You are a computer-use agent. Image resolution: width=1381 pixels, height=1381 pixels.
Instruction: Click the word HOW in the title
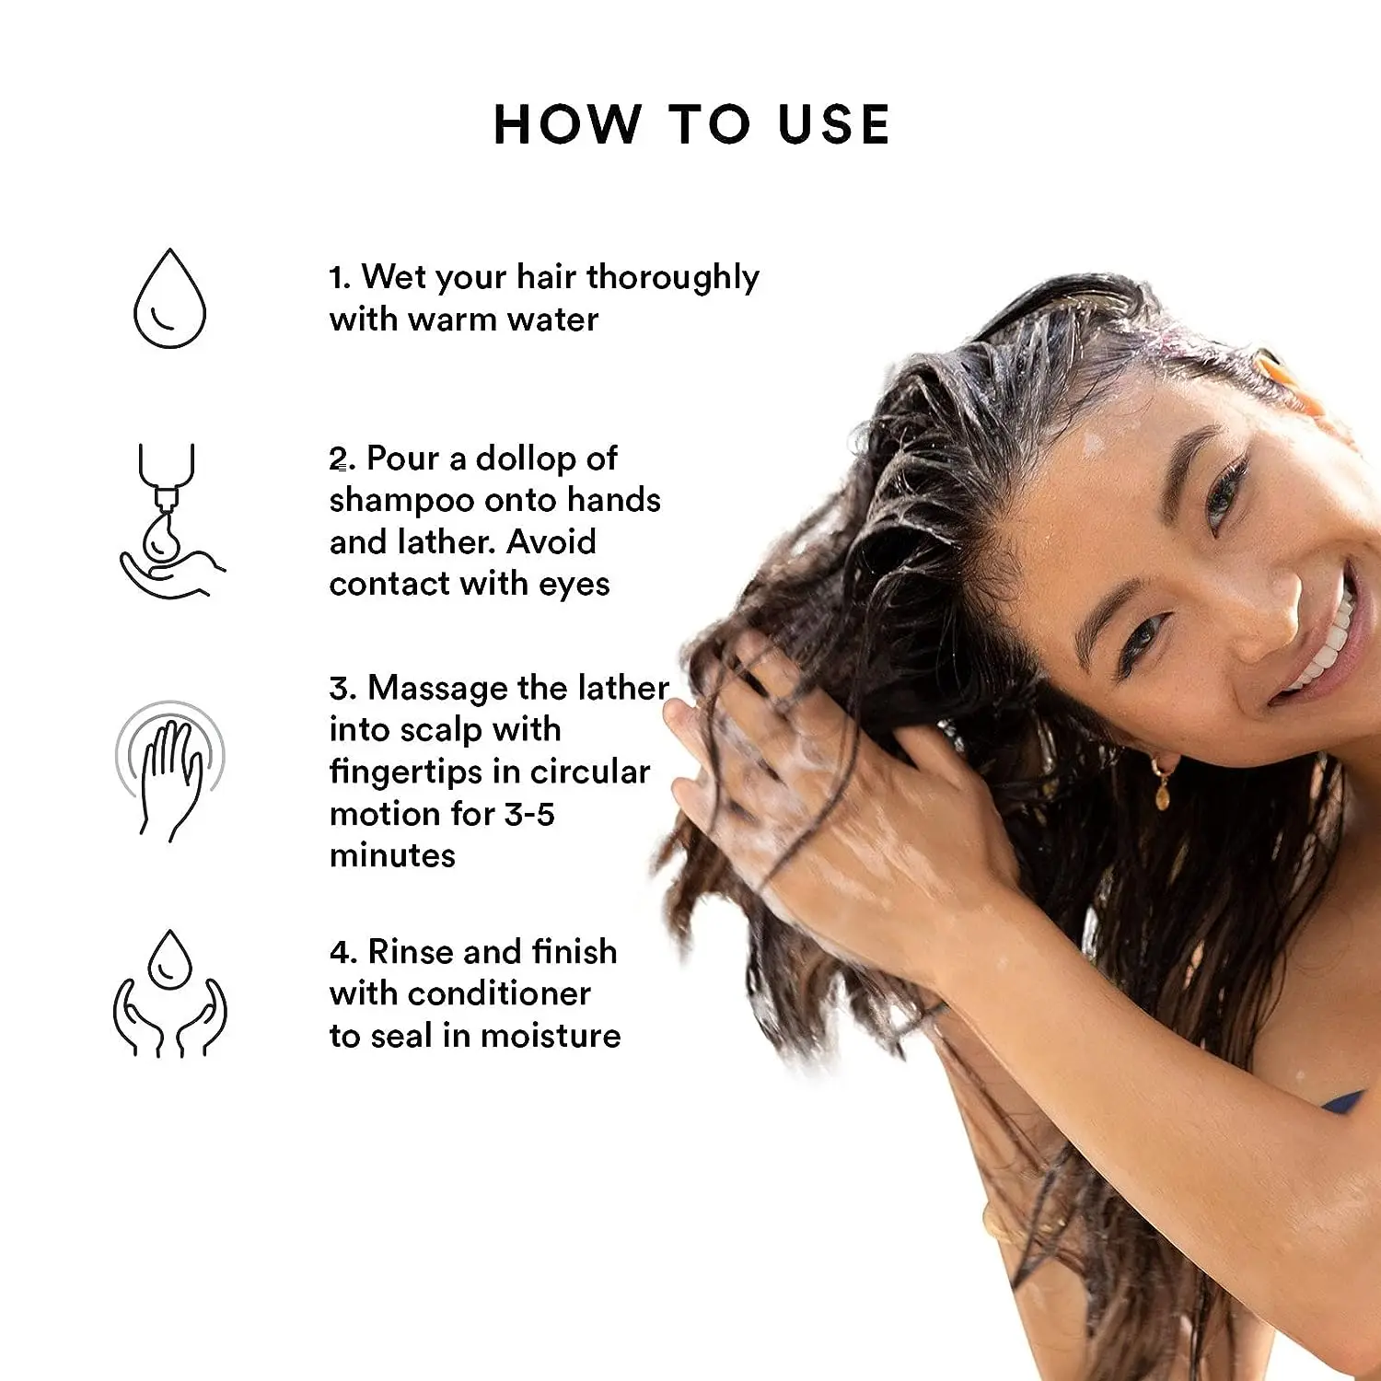tap(567, 124)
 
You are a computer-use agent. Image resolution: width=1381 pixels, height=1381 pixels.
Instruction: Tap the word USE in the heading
tap(833, 124)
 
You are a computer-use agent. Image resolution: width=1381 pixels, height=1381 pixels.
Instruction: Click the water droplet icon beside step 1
tap(169, 299)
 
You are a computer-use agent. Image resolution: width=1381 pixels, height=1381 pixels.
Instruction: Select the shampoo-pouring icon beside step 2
tap(169, 521)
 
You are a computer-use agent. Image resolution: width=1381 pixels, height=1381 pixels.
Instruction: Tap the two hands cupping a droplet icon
tap(169, 994)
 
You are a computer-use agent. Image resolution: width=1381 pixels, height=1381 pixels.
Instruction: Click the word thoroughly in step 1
tap(672, 277)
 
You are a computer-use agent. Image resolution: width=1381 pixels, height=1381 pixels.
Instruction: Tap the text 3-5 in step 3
tap(529, 814)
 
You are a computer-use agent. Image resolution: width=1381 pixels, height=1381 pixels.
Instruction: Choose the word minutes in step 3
tap(392, 855)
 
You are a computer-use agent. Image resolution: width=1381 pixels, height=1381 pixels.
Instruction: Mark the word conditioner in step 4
tap(499, 993)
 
